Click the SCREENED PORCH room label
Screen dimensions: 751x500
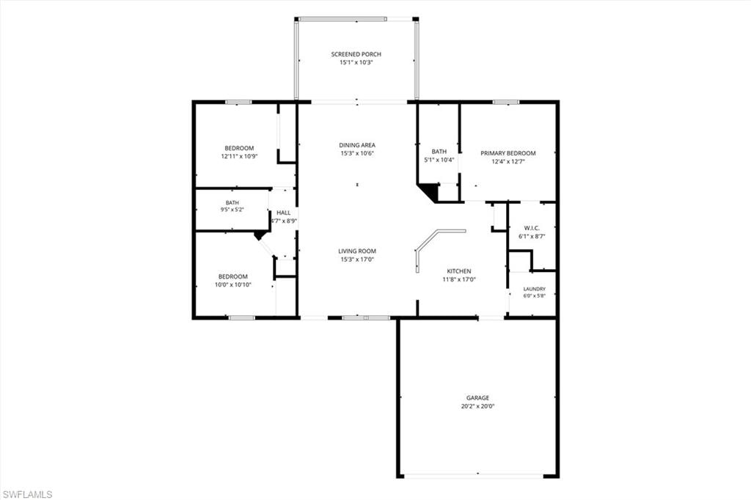pyautogui.click(x=356, y=54)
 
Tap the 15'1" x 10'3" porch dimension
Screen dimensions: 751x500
pyautogui.click(x=356, y=62)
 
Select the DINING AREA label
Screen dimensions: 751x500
pyautogui.click(x=357, y=145)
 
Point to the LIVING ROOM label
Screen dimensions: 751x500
pyautogui.click(x=357, y=251)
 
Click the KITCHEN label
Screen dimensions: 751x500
pyautogui.click(x=459, y=271)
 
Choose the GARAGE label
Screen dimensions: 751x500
pyautogui.click(x=477, y=398)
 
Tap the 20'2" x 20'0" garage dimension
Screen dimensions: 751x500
pyautogui.click(x=477, y=406)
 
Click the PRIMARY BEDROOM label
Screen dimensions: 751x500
pyautogui.click(x=508, y=153)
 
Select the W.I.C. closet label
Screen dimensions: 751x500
pyautogui.click(x=532, y=228)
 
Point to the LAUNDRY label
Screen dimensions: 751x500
pyautogui.click(x=534, y=289)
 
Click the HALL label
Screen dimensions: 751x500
pyautogui.click(x=283, y=213)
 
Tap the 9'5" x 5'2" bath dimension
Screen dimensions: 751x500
pyautogui.click(x=232, y=210)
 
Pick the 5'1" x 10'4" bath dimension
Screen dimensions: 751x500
pyautogui.click(x=439, y=160)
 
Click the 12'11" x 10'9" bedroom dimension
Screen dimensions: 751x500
pyautogui.click(x=239, y=156)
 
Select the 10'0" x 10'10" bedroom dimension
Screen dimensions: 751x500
pyautogui.click(x=232, y=284)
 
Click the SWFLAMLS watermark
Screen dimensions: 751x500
pyautogui.click(x=27, y=494)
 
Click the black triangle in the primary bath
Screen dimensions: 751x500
pyautogui.click(x=430, y=191)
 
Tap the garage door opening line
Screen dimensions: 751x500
pyautogui.click(x=474, y=476)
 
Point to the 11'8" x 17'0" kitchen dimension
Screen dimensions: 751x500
pyautogui.click(x=459, y=279)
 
